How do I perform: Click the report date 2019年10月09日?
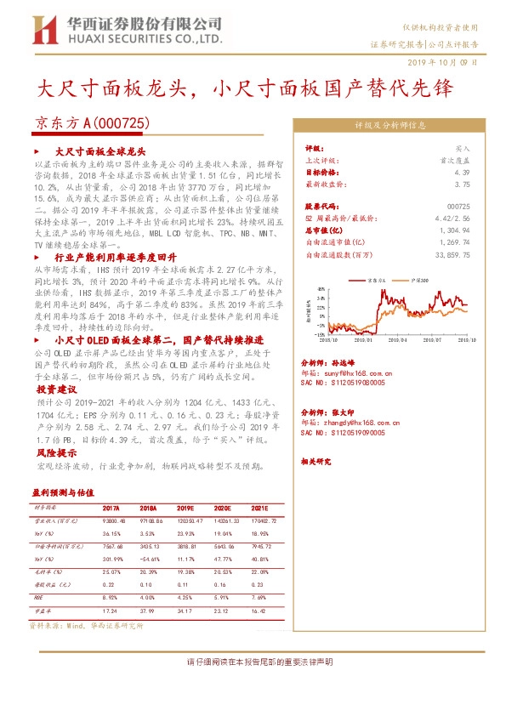click(448, 62)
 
